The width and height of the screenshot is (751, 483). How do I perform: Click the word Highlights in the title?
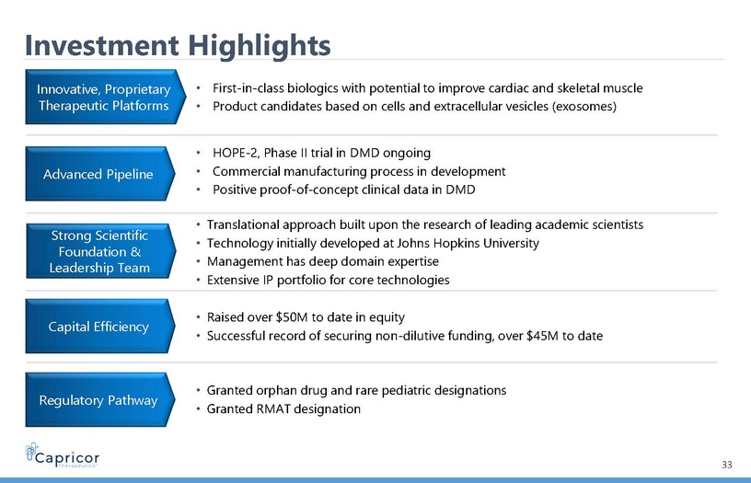259,46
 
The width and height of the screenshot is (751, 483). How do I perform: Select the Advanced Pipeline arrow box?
100,174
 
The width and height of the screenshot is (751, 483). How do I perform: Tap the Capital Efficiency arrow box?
100,326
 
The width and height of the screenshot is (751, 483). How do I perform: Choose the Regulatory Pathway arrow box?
100,399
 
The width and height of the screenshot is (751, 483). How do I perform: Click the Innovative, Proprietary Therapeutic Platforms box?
105,97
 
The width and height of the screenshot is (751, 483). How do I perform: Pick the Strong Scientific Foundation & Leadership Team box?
100,251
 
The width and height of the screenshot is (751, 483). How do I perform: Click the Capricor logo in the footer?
63,454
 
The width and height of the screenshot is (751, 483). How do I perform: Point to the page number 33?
726,465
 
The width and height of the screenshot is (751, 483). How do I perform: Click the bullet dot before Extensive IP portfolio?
198,280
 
